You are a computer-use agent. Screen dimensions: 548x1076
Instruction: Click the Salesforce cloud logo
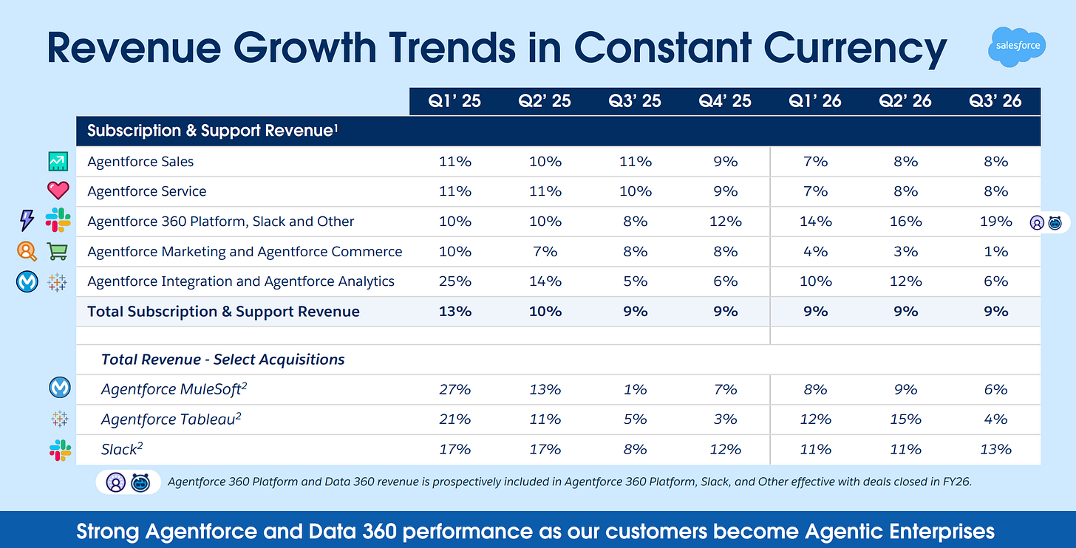coord(1018,46)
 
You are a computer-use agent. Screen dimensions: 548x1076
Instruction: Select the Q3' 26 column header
coord(995,101)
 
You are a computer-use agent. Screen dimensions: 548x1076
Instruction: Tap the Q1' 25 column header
coord(454,101)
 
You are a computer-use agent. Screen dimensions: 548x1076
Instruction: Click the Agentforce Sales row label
coord(140,161)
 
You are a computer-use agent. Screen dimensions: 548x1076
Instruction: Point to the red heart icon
coord(58,191)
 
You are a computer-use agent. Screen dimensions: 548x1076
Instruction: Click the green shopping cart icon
coord(58,251)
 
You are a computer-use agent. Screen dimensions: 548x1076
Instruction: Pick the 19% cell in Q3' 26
coord(995,221)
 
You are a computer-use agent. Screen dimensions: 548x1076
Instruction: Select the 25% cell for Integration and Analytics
coord(454,281)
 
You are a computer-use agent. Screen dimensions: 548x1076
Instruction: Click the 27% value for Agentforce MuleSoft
coord(454,389)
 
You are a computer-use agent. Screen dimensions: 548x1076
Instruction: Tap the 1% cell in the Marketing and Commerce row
coord(995,251)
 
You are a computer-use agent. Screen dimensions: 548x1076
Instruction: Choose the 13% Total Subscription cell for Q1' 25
coord(454,312)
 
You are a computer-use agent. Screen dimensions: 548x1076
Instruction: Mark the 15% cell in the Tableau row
coord(905,419)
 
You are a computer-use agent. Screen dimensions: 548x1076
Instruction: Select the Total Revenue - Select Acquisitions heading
coord(222,360)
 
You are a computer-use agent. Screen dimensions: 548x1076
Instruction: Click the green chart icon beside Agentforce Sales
coord(58,161)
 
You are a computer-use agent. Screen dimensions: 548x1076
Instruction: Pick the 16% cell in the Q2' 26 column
coord(905,221)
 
